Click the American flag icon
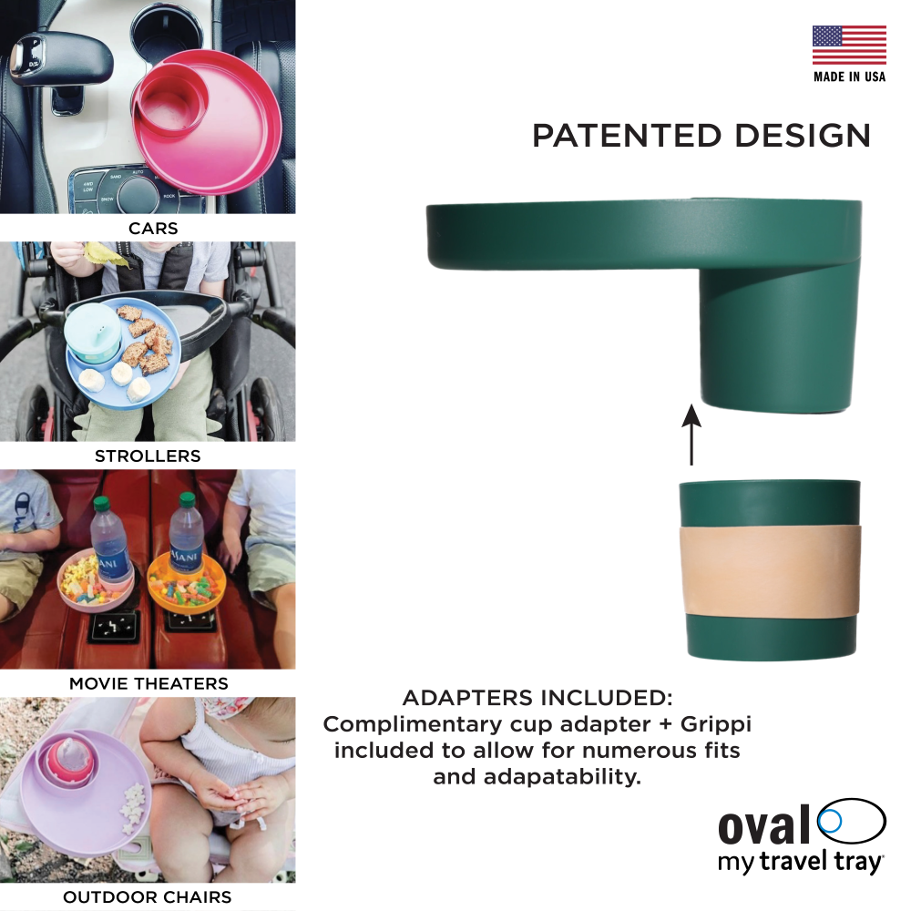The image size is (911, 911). [849, 45]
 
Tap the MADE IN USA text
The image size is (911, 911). [849, 77]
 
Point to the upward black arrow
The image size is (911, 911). [691, 435]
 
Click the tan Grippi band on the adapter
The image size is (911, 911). [769, 572]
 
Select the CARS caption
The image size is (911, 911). [153, 229]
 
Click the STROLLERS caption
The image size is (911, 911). [148, 456]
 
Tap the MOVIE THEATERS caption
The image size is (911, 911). [148, 683]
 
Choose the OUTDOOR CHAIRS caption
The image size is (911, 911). [148, 897]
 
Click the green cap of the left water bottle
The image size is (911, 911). [101, 503]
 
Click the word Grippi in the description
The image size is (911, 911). [716, 725]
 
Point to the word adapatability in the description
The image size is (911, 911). [562, 777]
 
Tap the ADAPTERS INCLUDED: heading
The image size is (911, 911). [537, 698]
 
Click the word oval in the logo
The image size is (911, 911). [764, 825]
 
